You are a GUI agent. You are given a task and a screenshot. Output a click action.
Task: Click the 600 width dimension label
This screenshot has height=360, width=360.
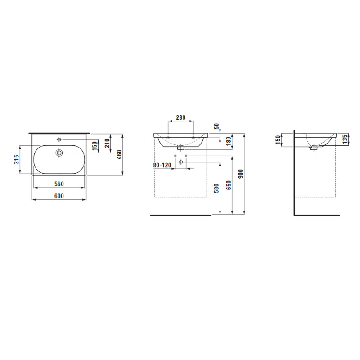pyautogui.click(x=59, y=196)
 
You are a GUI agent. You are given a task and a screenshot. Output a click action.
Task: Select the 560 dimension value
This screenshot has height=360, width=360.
pyautogui.click(x=59, y=184)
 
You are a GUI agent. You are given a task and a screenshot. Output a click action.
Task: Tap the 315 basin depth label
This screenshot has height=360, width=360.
pyautogui.click(x=17, y=159)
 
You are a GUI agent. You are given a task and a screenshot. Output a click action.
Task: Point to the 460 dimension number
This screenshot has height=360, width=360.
pyautogui.click(x=119, y=154)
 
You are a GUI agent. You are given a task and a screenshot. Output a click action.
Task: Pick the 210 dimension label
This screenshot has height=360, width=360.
pyautogui.click(x=108, y=144)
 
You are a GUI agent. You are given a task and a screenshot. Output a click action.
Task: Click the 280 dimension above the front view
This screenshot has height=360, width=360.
pyautogui.click(x=181, y=117)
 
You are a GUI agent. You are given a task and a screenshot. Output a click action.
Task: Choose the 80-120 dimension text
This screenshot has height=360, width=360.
pyautogui.click(x=162, y=165)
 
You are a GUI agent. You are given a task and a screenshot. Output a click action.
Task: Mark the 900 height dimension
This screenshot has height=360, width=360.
pyautogui.click(x=240, y=174)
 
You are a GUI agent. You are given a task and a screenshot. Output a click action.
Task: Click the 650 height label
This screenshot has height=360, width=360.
pyautogui.click(x=229, y=185)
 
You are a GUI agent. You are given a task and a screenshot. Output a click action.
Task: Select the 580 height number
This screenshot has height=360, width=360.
pyautogui.click(x=216, y=188)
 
